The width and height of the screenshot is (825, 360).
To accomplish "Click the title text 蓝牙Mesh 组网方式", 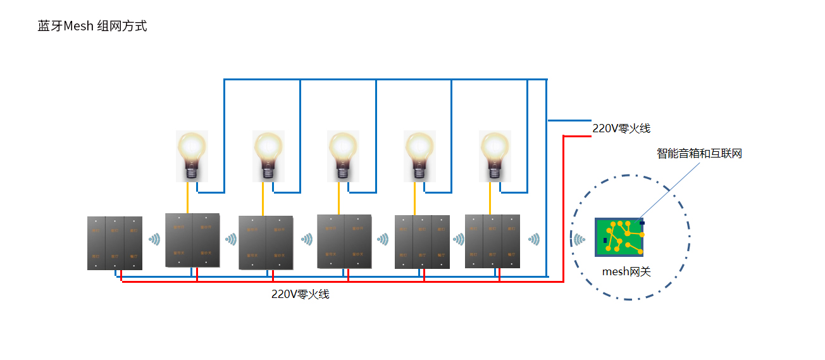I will (92, 26).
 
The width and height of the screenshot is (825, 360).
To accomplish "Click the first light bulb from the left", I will (192, 156).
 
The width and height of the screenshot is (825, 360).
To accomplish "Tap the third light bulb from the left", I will (343, 156).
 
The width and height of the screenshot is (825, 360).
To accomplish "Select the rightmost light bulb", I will (495, 156).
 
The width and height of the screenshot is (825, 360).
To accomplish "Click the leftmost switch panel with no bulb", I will (115, 243).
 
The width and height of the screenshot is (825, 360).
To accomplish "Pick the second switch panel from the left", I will (192, 240).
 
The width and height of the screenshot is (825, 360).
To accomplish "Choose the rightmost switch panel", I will (492, 241).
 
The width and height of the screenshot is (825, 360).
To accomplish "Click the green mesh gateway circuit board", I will (619, 237).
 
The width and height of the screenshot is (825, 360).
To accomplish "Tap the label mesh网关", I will (626, 272).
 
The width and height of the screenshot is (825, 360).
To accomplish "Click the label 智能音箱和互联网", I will (699, 153).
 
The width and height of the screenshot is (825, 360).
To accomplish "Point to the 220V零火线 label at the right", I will (621, 128).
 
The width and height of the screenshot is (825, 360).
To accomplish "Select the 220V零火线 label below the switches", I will (301, 294).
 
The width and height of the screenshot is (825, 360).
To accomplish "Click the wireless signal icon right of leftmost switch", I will (154, 239).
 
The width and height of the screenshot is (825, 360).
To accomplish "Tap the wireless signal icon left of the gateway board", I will (579, 239).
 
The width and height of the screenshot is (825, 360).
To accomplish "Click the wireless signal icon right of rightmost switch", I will (534, 239).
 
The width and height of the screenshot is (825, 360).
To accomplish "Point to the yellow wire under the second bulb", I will (263, 199).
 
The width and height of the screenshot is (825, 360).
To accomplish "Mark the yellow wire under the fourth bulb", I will (414, 199).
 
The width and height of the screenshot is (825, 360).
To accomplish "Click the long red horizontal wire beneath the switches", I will (342, 282).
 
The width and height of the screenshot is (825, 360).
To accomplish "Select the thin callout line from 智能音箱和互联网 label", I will (671, 188).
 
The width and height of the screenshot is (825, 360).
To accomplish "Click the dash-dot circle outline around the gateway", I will (689, 238).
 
